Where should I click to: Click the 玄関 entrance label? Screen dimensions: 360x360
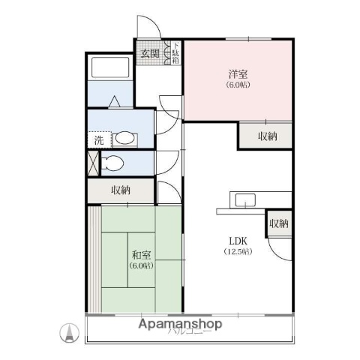pos(149,53)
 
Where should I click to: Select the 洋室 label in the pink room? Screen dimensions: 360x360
pos(238,74)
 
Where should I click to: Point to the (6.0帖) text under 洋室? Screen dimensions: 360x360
pos(238,85)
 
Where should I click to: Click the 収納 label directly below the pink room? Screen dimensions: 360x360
pos(268,136)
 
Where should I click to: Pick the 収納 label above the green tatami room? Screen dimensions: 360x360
pos(121,190)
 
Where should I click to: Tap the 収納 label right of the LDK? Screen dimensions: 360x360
pos(279,223)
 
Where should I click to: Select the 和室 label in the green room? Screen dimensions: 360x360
pos(140,254)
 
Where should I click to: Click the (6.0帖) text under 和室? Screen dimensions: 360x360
pos(140,265)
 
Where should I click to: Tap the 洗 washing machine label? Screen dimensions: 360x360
pos(99,139)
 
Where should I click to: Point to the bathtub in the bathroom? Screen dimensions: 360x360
pos(110,68)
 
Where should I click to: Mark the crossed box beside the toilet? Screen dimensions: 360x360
pos(93,163)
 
